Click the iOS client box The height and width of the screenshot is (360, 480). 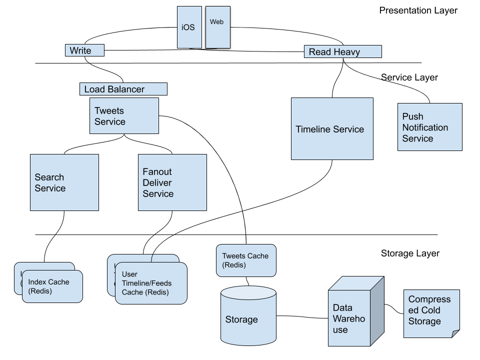189,27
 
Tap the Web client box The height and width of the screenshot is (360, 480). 217,27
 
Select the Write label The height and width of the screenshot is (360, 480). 84,50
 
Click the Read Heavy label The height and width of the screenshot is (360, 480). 342,51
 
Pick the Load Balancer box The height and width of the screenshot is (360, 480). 123,89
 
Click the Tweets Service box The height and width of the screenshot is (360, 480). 124,115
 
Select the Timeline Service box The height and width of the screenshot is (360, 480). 332,128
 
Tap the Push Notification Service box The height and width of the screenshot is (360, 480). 429,127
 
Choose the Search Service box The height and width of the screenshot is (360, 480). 64,182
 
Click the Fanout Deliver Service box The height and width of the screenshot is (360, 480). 172,182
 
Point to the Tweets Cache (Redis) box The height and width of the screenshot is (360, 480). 245,260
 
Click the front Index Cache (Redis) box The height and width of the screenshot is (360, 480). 52,286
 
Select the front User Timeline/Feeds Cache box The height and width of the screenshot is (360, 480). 151,283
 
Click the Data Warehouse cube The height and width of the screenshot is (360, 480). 349,318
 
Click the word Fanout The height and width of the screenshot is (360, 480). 157,171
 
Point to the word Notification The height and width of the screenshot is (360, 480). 425,127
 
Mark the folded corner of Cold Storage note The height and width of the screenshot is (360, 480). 455,333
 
